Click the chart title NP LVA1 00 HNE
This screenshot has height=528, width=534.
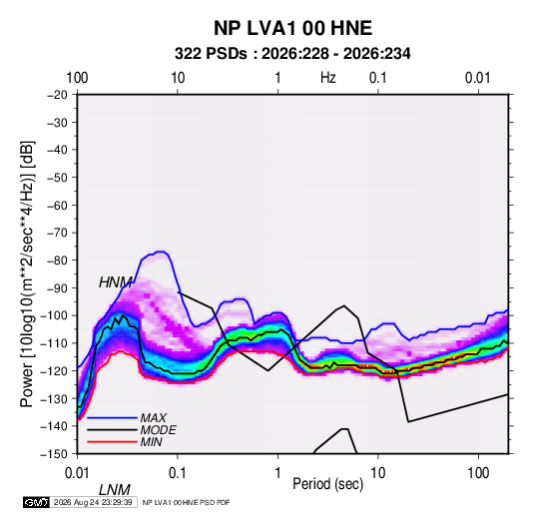coord(292,28)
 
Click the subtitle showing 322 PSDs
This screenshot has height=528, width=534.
coord(292,54)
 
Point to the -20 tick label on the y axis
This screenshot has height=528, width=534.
coord(57,95)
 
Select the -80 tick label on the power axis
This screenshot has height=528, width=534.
coord(57,261)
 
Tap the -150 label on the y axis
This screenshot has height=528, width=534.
coord(55,454)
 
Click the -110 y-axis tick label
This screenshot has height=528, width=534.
coord(55,343)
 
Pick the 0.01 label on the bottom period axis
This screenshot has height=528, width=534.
coord(77,473)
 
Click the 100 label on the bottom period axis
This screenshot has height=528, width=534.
coord(478,473)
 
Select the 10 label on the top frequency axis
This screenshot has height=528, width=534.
coord(178,78)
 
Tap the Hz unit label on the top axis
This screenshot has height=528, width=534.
coord(328,78)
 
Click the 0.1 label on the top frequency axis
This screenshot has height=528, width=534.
coord(378,78)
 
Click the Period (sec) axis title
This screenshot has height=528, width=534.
coord(328,484)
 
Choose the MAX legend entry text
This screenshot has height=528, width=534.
coord(154,418)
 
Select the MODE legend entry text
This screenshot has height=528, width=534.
coord(159,430)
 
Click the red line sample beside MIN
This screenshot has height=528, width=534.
coord(113,442)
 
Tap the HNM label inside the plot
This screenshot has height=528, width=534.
coord(116,282)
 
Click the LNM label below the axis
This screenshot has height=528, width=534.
coord(115,490)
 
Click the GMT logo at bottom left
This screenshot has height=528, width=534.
coord(36,502)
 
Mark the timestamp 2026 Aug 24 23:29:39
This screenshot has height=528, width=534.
coord(93,502)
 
